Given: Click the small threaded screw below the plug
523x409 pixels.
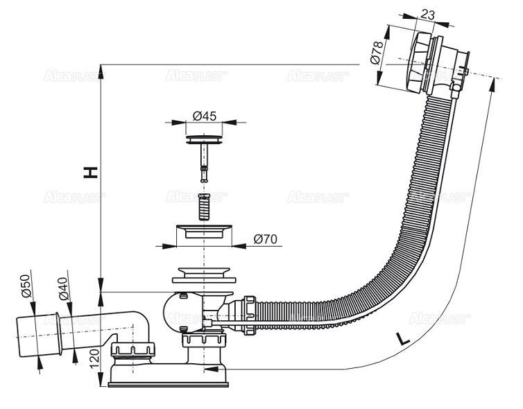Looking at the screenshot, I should (x=203, y=206).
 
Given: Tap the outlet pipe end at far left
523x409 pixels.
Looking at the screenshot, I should (x=31, y=334).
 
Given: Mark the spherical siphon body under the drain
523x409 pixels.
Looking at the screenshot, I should (x=180, y=314).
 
